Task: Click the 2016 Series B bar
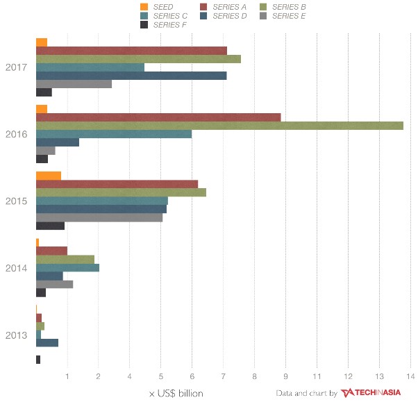pyautogui.click(x=219, y=126)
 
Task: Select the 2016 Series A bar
pyautogui.click(x=158, y=117)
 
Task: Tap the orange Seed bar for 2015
pyautogui.click(x=48, y=175)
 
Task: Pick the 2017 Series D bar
pyautogui.click(x=131, y=76)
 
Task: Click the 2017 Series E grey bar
pyautogui.click(x=73, y=84)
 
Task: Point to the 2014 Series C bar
pyautogui.click(x=67, y=267)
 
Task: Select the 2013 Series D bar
pyautogui.click(x=47, y=342)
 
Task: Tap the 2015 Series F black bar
pyautogui.click(x=50, y=226)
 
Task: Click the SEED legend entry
pyautogui.click(x=160, y=7)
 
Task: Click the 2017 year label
pyautogui.click(x=16, y=67)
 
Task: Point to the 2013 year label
pyautogui.click(x=16, y=335)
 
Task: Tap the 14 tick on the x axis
pyautogui.click(x=410, y=377)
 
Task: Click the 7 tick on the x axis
pyautogui.click(x=224, y=377)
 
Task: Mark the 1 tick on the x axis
pyautogui.click(x=67, y=377)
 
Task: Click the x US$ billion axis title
pyautogui.click(x=176, y=393)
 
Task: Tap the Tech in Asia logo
pyautogui.click(x=371, y=393)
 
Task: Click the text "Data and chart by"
pyautogui.click(x=306, y=393)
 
